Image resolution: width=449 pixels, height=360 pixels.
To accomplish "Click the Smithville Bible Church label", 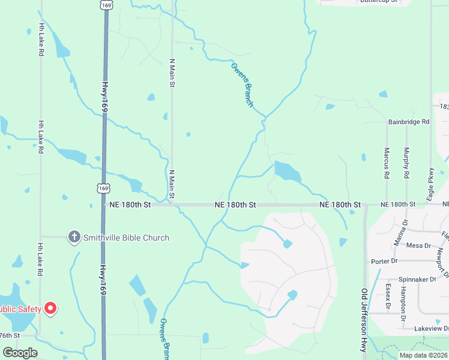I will click(x=126, y=238).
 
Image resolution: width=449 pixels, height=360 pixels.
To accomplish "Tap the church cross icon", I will click(x=74, y=237).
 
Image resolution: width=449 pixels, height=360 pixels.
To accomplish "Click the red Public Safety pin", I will click(x=50, y=309).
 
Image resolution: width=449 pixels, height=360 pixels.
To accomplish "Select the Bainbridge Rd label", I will click(x=409, y=122).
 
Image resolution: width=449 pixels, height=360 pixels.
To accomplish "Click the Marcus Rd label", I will click(x=387, y=163).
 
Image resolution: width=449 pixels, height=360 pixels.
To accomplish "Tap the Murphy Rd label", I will click(x=406, y=163).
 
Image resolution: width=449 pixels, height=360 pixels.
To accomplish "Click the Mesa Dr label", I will click(x=418, y=245).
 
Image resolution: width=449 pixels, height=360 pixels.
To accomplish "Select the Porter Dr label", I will click(x=384, y=261).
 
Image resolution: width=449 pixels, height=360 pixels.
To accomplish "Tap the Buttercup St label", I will click(x=378, y=2).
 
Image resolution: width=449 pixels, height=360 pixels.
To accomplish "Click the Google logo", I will click(x=20, y=352).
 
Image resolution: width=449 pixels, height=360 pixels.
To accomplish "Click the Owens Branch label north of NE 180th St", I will click(x=242, y=85).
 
